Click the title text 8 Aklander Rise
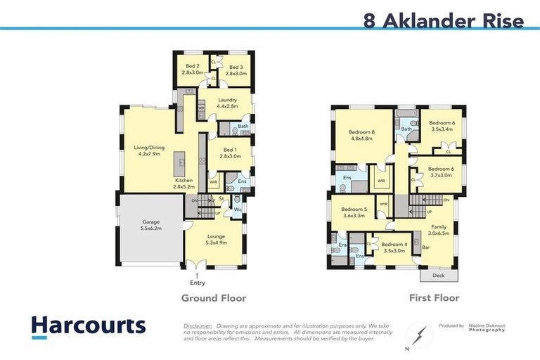click(x=444, y=20)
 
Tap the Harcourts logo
click(x=88, y=326)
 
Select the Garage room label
click(x=151, y=225)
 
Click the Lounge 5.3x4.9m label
click(x=216, y=239)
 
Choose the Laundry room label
click(x=226, y=103)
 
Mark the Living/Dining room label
click(x=147, y=150)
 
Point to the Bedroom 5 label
click(x=354, y=212)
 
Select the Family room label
click(x=437, y=231)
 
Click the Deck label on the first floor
click(x=437, y=276)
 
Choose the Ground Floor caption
click(x=214, y=298)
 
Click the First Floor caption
click(x=434, y=298)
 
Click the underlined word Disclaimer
click(x=198, y=326)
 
